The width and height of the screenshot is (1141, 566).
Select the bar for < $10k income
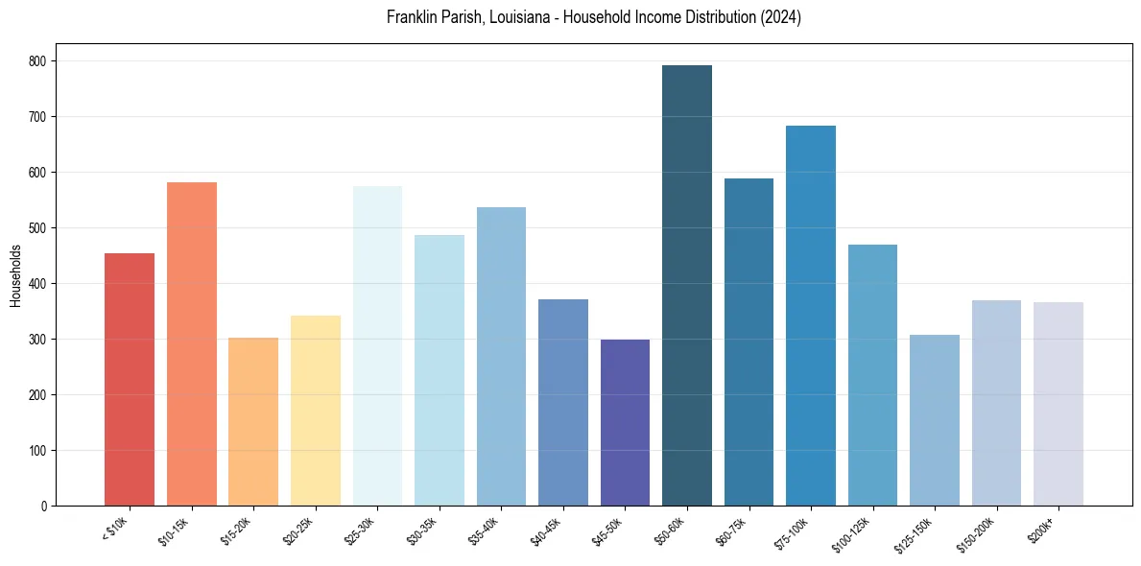(130, 380)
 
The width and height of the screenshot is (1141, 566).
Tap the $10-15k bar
(192, 344)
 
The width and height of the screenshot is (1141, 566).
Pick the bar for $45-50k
(625, 423)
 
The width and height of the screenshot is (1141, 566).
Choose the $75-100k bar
(811, 316)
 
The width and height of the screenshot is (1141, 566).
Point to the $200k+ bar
(1058, 404)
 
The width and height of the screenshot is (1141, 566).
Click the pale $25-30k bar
(377, 346)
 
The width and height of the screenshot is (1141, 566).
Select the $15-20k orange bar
(253, 422)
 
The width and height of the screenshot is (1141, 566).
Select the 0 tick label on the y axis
(45, 507)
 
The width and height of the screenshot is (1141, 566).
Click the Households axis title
(15, 275)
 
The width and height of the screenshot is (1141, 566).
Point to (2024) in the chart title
(781, 17)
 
